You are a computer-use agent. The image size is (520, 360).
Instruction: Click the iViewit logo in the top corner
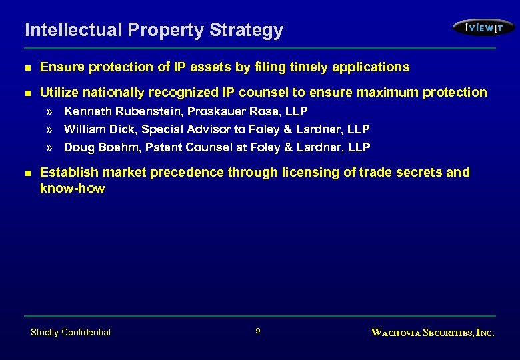[483, 27]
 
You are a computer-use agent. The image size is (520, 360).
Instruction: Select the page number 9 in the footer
[258, 331]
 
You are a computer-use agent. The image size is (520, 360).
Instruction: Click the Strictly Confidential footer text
[71, 332]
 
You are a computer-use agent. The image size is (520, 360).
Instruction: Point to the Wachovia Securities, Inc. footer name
[432, 332]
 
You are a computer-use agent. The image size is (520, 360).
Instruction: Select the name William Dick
[96, 129]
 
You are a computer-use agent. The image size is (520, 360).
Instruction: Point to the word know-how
[72, 188]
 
